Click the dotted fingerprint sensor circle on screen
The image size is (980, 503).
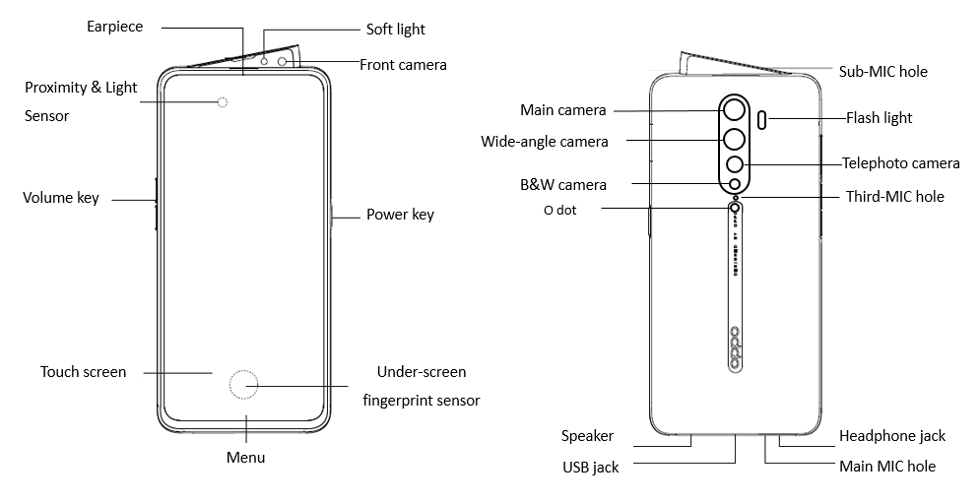coord(244,386)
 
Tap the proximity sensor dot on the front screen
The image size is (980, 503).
coord(223,102)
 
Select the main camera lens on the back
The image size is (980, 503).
coord(734,109)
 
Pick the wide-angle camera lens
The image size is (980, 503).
coord(734,140)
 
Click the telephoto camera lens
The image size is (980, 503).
coord(734,165)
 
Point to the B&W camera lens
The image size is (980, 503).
coord(734,184)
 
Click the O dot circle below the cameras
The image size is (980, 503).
coord(735,208)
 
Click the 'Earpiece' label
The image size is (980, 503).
coord(114,27)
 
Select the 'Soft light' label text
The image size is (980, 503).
coord(395,30)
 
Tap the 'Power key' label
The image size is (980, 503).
coord(400,215)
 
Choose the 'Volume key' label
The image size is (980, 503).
coord(61,198)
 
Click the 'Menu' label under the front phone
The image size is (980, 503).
coord(245,458)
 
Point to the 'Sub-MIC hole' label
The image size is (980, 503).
coord(882,71)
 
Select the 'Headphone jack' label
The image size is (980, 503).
coord(891,435)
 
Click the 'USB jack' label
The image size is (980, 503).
coord(591,467)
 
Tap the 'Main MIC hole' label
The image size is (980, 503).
coord(886,466)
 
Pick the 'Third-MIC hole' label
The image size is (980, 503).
coord(894,197)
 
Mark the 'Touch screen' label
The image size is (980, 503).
coord(84,372)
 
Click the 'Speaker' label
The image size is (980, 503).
coord(587,435)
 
